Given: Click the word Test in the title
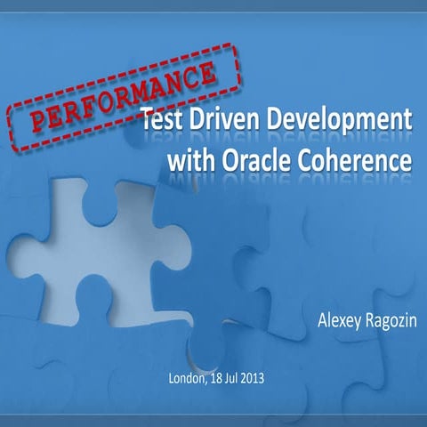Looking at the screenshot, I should coord(166,121).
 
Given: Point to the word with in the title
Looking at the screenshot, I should coord(189,162).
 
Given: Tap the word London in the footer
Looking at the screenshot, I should coord(188,379).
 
